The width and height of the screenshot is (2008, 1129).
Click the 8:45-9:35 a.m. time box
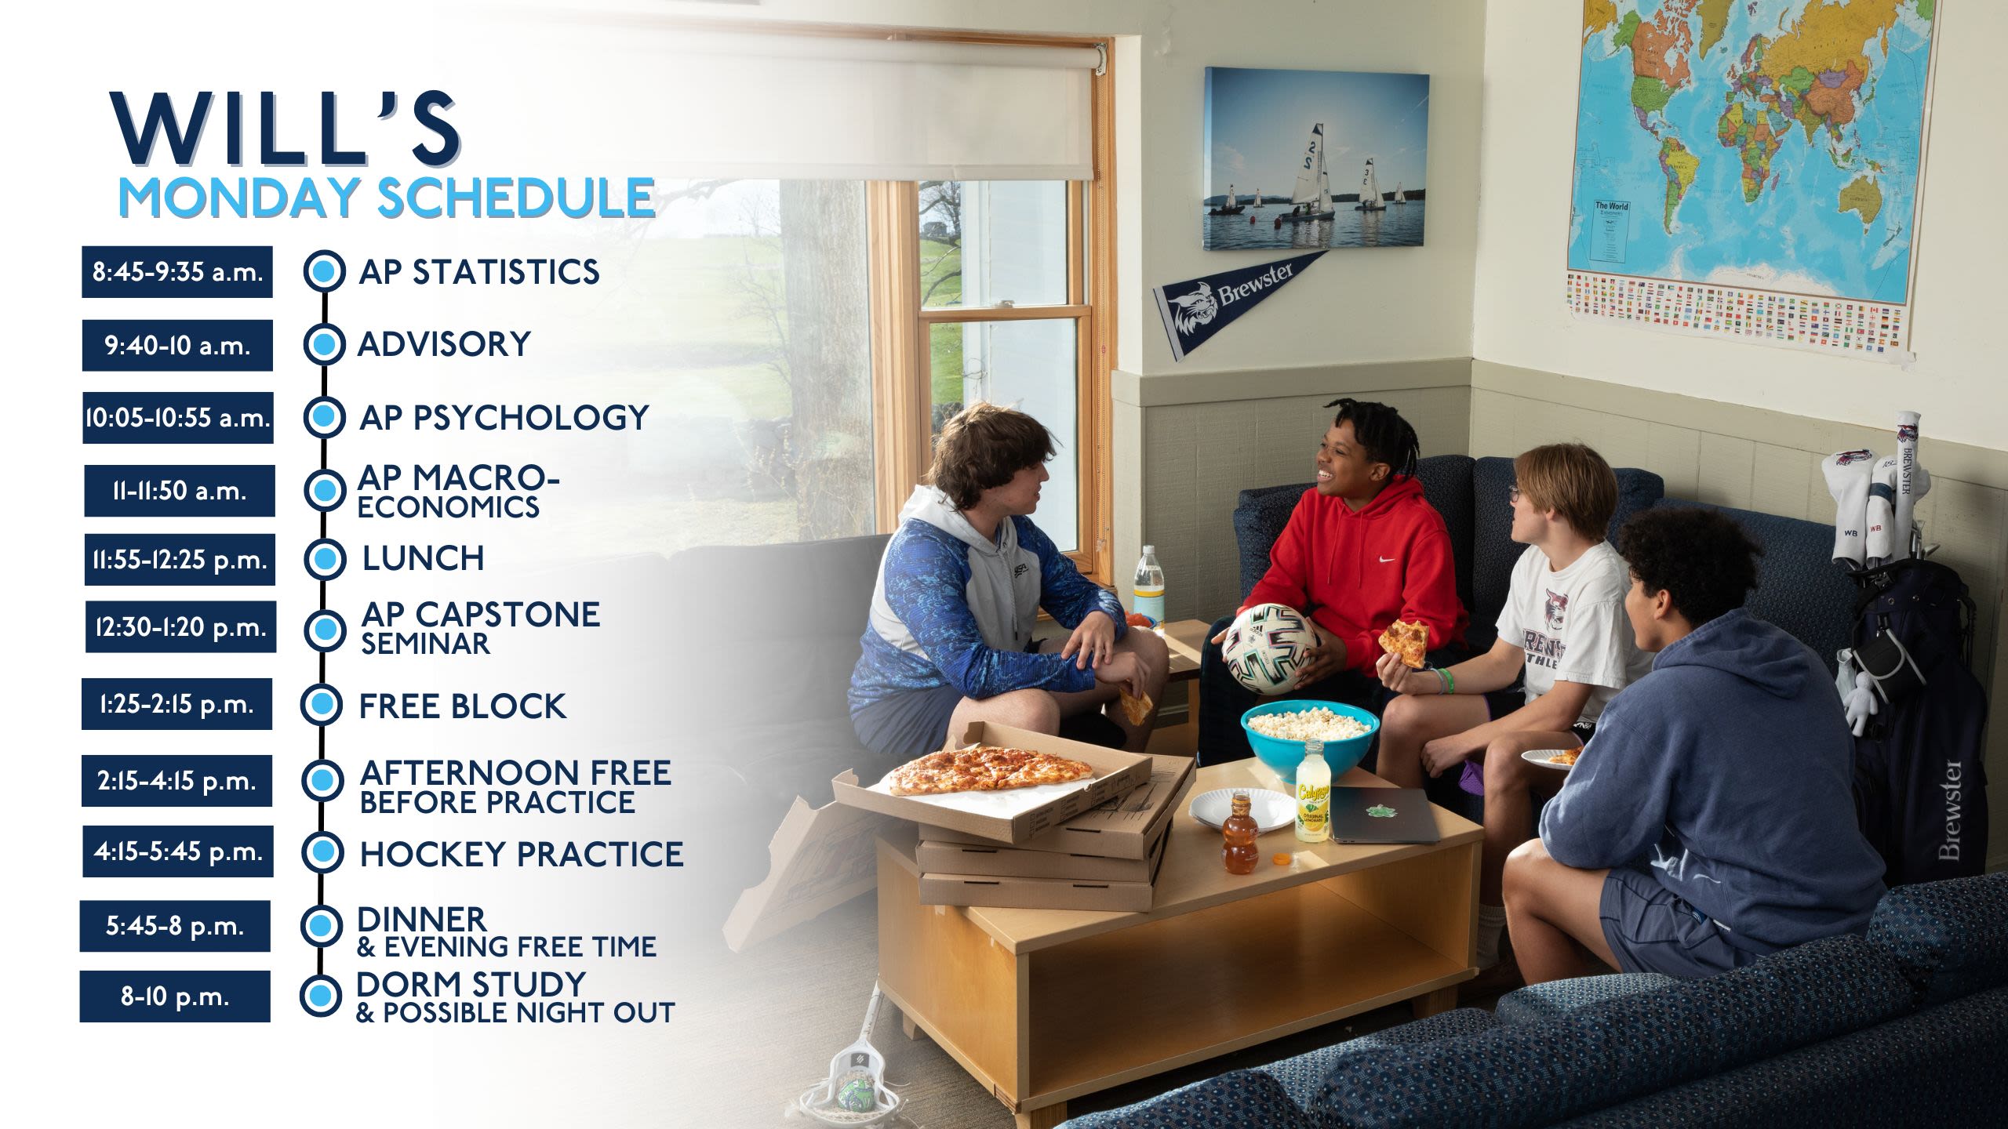click(177, 272)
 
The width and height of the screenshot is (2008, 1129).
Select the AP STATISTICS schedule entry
click(479, 272)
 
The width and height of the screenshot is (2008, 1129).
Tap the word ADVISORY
click(444, 344)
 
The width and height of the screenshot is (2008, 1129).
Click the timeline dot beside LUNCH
click(324, 559)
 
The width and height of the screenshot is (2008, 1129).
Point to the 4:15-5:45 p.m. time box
click(178, 851)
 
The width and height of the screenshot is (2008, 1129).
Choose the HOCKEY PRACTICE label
click(522, 854)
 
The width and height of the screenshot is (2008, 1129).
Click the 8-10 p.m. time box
click(175, 996)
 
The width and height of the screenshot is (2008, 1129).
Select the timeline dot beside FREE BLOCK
click(322, 705)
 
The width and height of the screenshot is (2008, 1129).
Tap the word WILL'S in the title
click(286, 129)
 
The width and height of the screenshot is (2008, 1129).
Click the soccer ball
click(1270, 648)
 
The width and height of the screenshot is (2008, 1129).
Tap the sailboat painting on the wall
click(1315, 158)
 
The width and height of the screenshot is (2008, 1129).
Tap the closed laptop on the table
click(1384, 815)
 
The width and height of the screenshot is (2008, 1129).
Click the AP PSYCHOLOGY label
click(504, 418)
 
